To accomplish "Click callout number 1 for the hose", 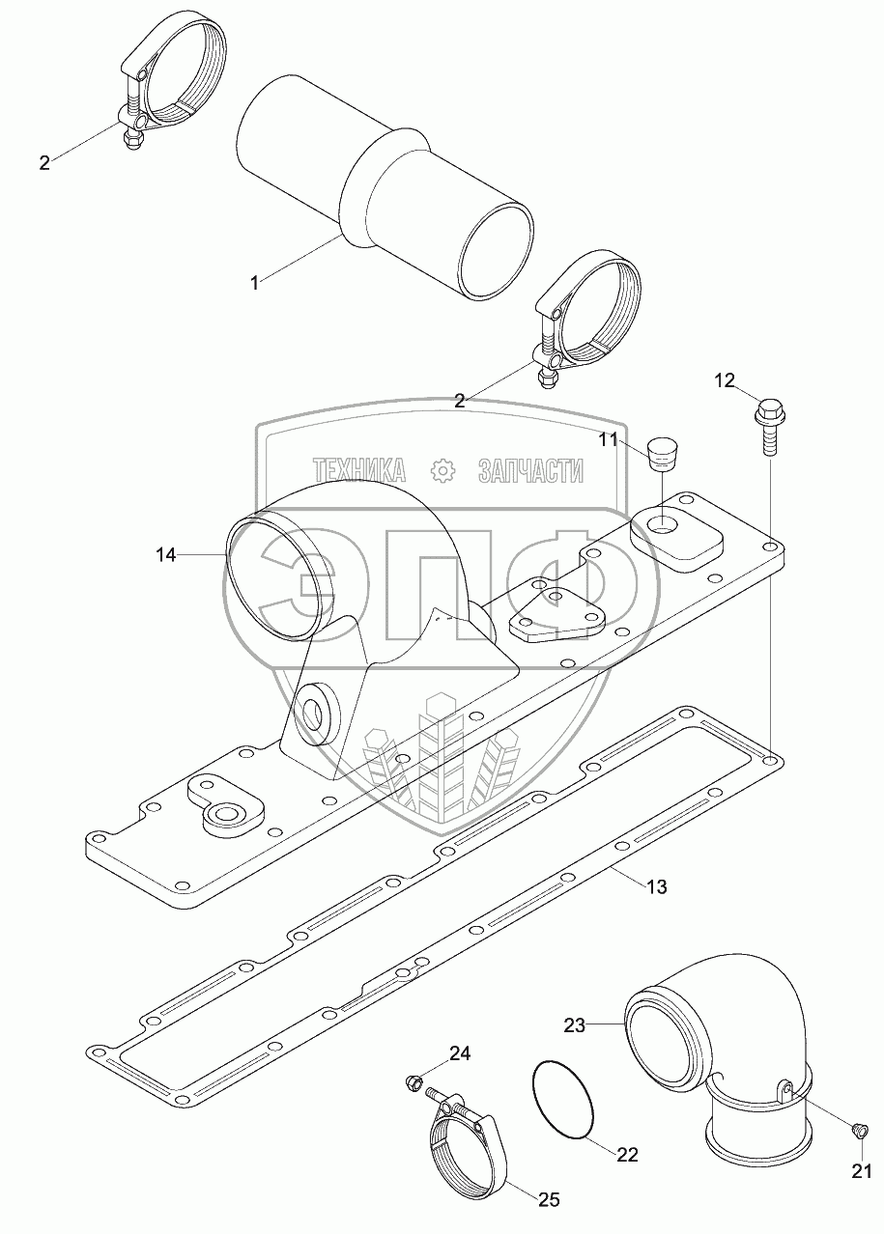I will pyautogui.click(x=254, y=283).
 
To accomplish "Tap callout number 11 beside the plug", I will pyautogui.click(x=607, y=439).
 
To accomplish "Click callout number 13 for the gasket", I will pyautogui.click(x=656, y=886).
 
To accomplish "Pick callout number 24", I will pyautogui.click(x=459, y=1053).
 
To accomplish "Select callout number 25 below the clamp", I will pyautogui.click(x=549, y=1200).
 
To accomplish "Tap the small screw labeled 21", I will pyautogui.click(x=856, y=1129).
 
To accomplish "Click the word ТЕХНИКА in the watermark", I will pyautogui.click(x=359, y=470).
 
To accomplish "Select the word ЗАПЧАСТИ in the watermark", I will pyautogui.click(x=530, y=470).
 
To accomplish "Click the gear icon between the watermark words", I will pyautogui.click(x=442, y=470).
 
